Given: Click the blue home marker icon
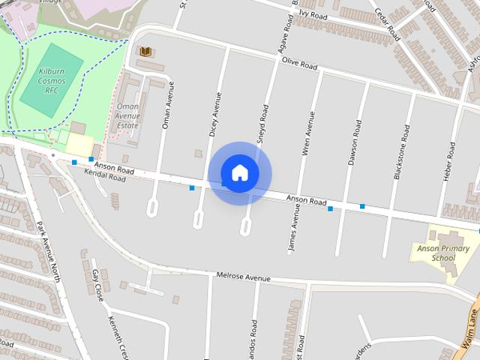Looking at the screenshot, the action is [x=240, y=173].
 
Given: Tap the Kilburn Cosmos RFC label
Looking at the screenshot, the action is [x=42, y=81].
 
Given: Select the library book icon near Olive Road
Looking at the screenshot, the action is [x=145, y=52].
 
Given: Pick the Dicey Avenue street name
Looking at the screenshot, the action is [x=214, y=115].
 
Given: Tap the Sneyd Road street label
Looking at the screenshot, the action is [x=262, y=124].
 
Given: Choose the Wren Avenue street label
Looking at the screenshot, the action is [x=305, y=133].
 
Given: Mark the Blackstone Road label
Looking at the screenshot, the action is [x=401, y=152].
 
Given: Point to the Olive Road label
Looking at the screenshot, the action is [x=299, y=64].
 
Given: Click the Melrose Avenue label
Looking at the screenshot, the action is [x=242, y=277].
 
